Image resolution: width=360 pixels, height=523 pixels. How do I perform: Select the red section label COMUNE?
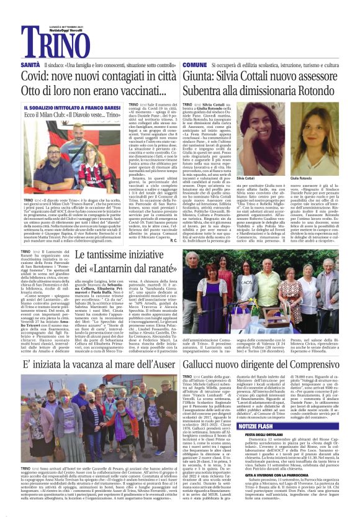pos(195,65)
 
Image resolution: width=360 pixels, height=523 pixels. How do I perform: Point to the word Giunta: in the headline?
pos(204,76)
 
